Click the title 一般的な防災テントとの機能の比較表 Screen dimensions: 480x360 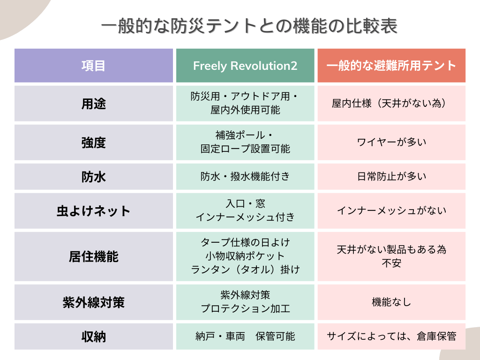[249, 26]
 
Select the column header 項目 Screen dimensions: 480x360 [93, 66]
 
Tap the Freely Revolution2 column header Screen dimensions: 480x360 [245, 66]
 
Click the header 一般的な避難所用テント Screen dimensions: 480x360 [391, 66]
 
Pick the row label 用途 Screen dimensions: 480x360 [93, 104]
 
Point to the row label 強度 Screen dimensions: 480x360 [93, 142]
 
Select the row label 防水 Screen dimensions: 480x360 [93, 177]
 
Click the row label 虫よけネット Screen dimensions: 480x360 [93, 211]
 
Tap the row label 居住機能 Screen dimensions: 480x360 [93, 256]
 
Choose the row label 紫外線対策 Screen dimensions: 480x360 [93, 302]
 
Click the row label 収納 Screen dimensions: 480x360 [93, 337]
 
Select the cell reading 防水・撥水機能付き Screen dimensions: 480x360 [245, 176]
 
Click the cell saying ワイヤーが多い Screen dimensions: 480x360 [391, 142]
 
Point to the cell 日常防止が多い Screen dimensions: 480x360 [391, 176]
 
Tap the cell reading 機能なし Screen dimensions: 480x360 [391, 302]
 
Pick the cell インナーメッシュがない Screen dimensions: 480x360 [391, 210]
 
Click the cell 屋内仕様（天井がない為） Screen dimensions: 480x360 [389, 104]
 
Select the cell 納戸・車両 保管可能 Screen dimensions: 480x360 [245, 337]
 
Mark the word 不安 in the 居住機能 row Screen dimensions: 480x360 [391, 263]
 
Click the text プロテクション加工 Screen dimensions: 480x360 [245, 308]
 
